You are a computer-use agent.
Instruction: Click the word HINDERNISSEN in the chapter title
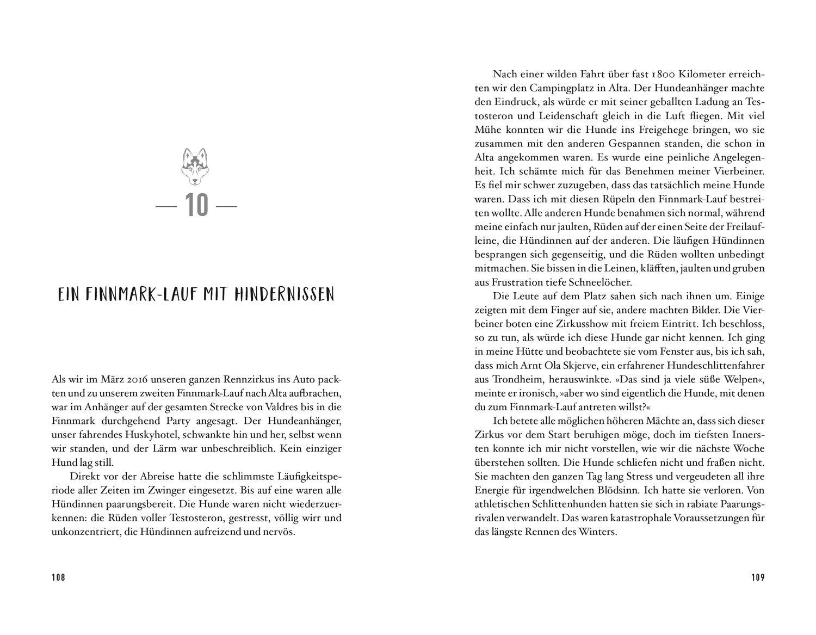285,295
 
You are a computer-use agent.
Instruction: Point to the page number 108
58,577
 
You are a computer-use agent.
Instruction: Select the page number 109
758,577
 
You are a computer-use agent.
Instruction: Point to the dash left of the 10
166,207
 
